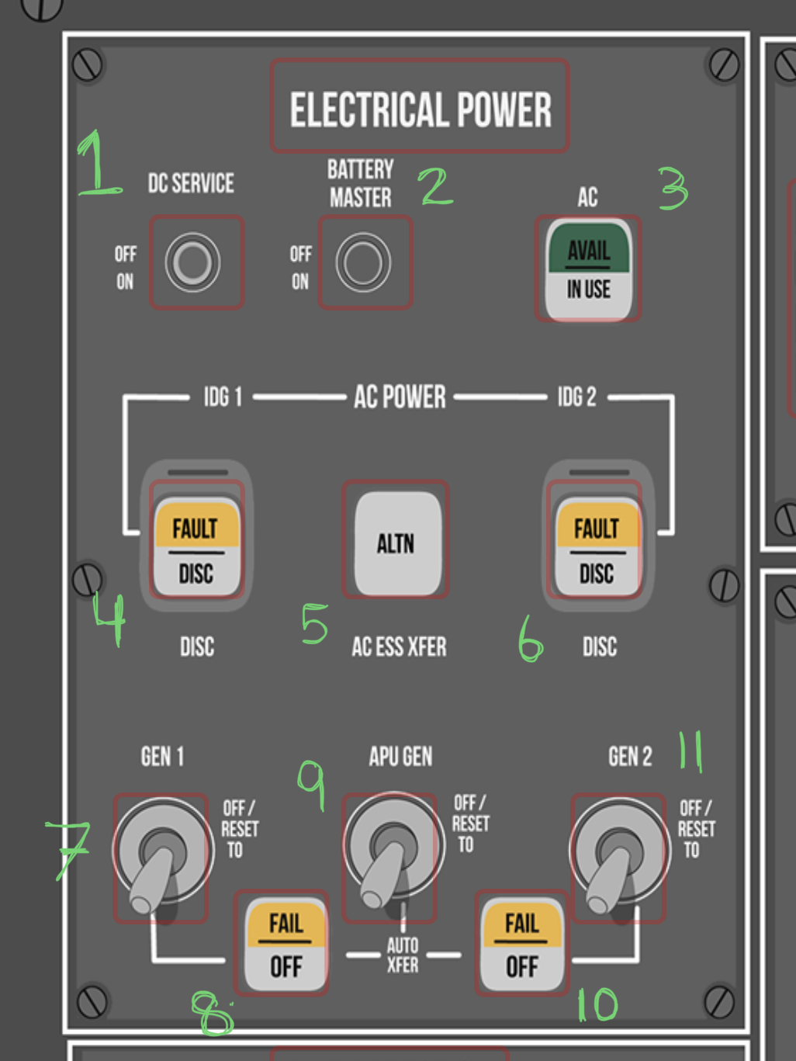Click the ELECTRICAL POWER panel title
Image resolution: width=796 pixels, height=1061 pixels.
coord(420,109)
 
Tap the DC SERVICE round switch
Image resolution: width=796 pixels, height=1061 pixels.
coord(192,262)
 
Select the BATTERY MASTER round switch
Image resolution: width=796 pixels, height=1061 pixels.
coord(363,262)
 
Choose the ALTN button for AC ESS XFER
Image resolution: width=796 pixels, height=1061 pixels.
coord(396,542)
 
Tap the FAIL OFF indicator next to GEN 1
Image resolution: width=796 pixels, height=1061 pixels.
coord(286,944)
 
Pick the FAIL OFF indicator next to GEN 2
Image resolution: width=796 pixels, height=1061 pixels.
coord(521,944)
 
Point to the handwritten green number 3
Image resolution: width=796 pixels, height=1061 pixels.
coord(673,188)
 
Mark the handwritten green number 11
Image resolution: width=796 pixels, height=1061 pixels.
coord(690,751)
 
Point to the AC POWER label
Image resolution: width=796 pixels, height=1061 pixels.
coord(400,397)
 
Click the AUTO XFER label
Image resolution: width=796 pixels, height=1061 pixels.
coord(403,955)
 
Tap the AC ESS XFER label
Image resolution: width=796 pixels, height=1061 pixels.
coord(399,647)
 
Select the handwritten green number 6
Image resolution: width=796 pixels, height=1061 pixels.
coord(531,639)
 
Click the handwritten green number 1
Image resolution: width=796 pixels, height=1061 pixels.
coord(97,165)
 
